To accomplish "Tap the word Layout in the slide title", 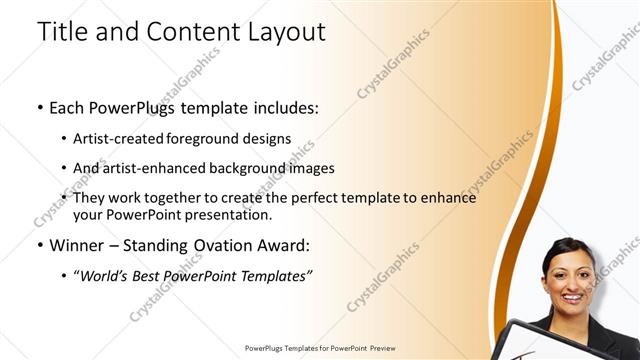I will (x=284, y=32).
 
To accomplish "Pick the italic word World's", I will (x=104, y=275).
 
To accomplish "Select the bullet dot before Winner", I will (x=39, y=245).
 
